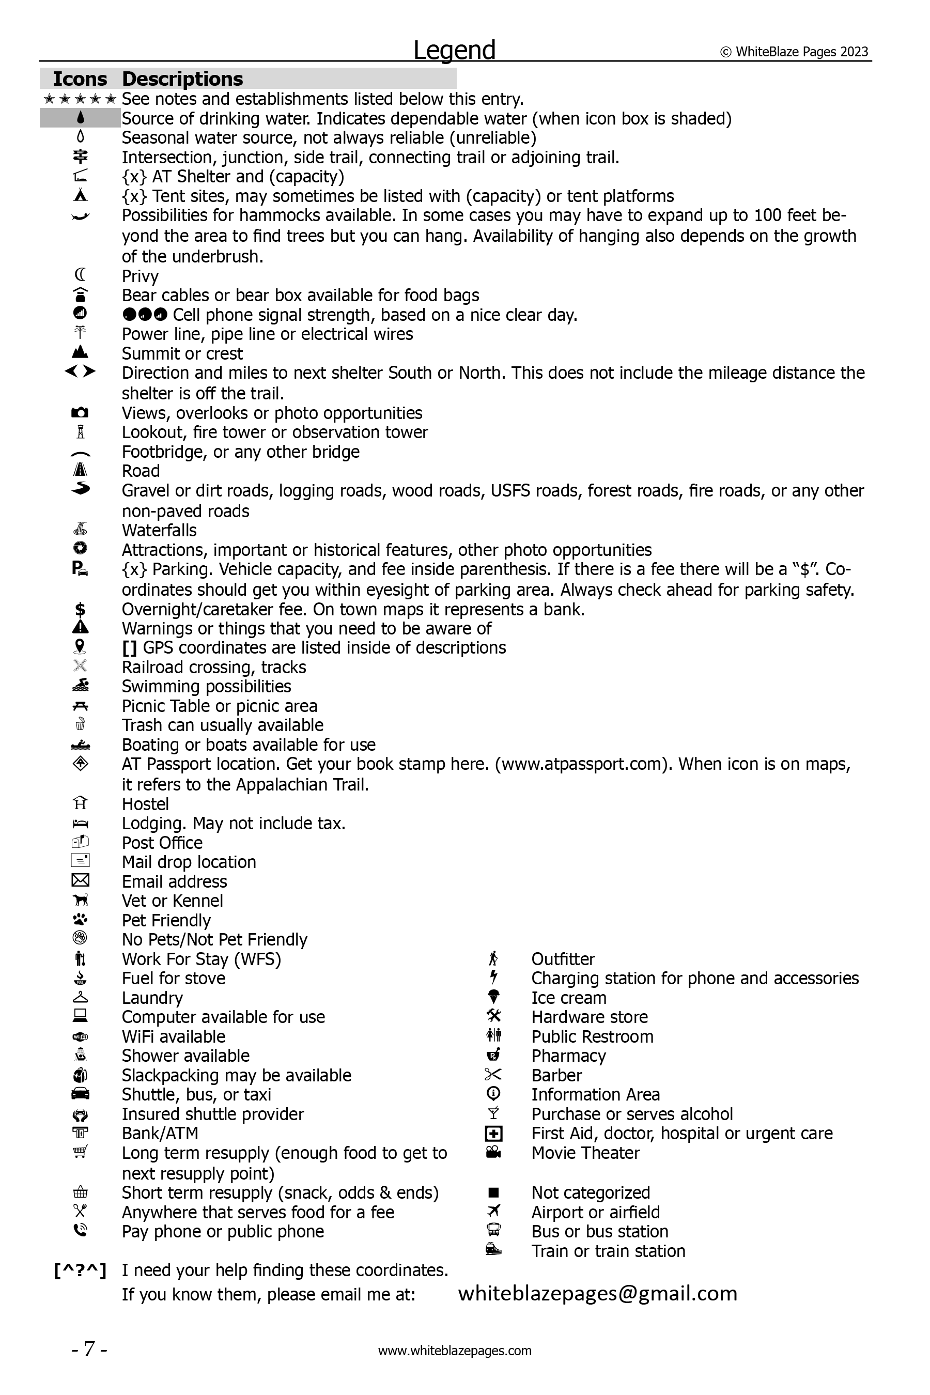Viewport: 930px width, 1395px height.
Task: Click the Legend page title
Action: (x=454, y=51)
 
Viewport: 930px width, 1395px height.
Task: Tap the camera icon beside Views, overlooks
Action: (x=80, y=412)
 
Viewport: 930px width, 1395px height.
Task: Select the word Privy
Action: (x=140, y=276)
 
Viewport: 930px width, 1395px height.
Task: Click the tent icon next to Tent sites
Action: (x=80, y=196)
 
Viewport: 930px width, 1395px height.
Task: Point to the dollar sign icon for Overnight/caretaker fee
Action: (x=80, y=609)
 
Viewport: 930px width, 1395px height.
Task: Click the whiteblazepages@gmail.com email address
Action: (x=598, y=1293)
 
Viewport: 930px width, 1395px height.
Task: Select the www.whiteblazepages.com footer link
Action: (x=455, y=1351)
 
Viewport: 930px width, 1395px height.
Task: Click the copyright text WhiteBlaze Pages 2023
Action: (x=795, y=52)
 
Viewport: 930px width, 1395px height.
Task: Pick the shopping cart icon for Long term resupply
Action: (x=80, y=1151)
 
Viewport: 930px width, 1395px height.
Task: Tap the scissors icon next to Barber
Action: (x=493, y=1075)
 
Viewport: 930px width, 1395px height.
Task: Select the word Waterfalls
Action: (x=159, y=530)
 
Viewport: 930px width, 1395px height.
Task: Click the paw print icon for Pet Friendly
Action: (x=80, y=920)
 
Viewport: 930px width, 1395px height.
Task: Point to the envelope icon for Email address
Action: (x=80, y=881)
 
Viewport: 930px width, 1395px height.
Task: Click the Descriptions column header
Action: (x=182, y=79)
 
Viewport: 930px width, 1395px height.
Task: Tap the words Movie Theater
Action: (x=585, y=1152)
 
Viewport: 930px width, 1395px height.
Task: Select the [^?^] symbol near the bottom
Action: (x=80, y=1270)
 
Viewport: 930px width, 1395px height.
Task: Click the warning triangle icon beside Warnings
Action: (x=80, y=628)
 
